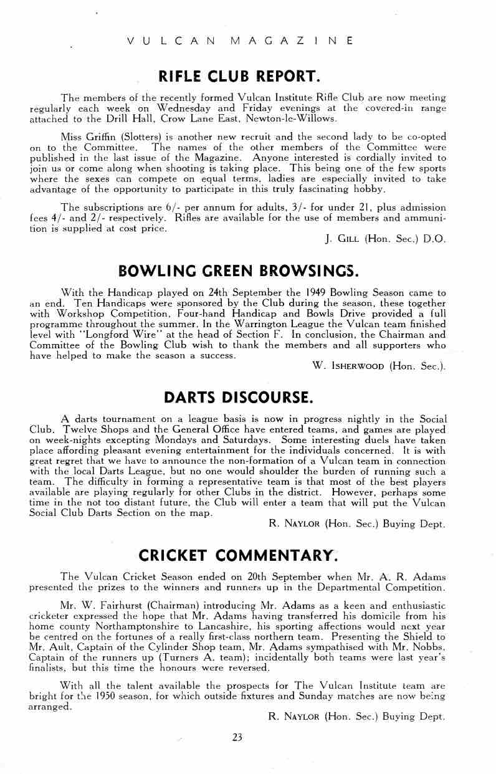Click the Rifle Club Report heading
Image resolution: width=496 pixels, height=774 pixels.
[240, 77]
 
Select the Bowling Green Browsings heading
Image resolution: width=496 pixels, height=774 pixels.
[239, 271]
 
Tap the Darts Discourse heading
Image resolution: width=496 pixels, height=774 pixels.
[239, 397]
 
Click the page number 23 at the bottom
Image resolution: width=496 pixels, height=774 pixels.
[237, 737]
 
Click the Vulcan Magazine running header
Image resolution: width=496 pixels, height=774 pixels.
[240, 41]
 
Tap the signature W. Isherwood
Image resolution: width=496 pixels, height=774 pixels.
[349, 366]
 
